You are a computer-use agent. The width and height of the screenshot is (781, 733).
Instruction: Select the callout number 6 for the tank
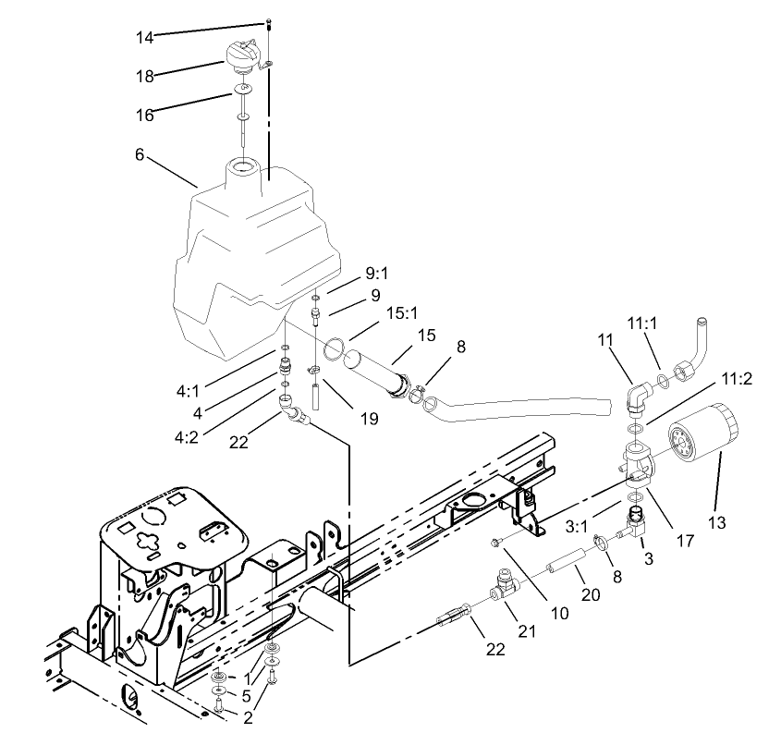[x=140, y=154]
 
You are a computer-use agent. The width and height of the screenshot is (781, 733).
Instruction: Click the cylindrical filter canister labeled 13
[x=702, y=442]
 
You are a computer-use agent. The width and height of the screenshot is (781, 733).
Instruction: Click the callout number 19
[x=369, y=419]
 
